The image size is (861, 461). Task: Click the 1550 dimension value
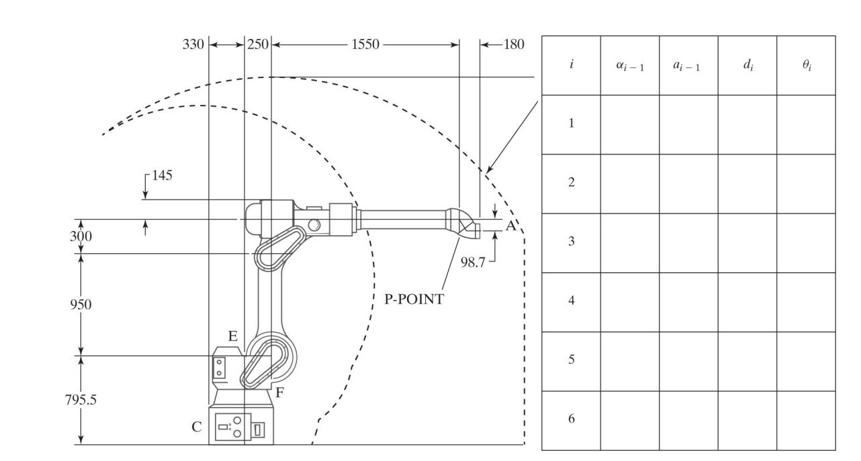click(x=365, y=45)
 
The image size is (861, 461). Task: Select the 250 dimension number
click(x=258, y=45)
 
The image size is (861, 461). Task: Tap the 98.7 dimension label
click(x=473, y=260)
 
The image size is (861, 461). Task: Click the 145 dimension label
click(x=161, y=176)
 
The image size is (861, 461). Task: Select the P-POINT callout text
click(x=414, y=300)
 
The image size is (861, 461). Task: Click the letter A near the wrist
click(x=510, y=226)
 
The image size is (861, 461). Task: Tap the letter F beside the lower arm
click(x=280, y=394)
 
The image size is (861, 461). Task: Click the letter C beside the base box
click(x=197, y=425)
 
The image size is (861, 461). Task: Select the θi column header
click(x=806, y=66)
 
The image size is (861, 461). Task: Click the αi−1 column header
click(x=629, y=66)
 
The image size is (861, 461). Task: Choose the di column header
click(x=747, y=66)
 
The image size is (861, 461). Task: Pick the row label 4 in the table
click(x=571, y=301)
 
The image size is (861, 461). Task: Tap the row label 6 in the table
click(x=571, y=419)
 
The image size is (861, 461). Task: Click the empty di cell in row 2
click(x=747, y=183)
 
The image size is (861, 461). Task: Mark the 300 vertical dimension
click(x=81, y=237)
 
